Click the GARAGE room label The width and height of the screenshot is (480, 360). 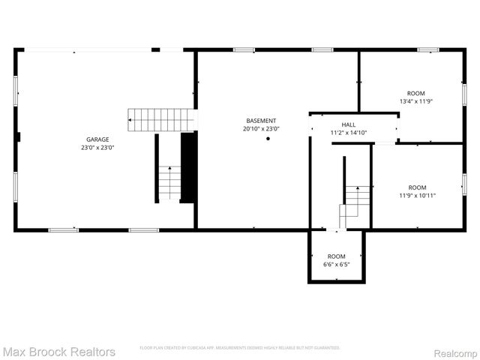tap(97, 139)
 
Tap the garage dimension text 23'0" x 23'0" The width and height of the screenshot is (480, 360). tap(97, 148)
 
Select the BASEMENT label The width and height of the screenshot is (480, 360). tap(261, 121)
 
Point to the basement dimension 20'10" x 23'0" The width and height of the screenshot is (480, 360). tap(261, 129)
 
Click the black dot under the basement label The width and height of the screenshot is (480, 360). tap(268, 139)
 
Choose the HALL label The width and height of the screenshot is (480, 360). tap(349, 124)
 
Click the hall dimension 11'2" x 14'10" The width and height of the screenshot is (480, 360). tap(349, 133)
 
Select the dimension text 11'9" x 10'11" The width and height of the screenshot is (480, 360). tap(417, 195)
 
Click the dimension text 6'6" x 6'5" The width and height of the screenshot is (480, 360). tap(336, 264)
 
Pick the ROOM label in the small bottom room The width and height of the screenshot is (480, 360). tap(336, 256)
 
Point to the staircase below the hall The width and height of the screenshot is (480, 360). tap(356, 202)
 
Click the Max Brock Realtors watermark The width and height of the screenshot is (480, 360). tap(58, 351)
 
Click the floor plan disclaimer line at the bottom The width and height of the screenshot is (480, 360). tap(240, 348)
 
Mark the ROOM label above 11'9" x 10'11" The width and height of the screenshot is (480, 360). tap(417, 187)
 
